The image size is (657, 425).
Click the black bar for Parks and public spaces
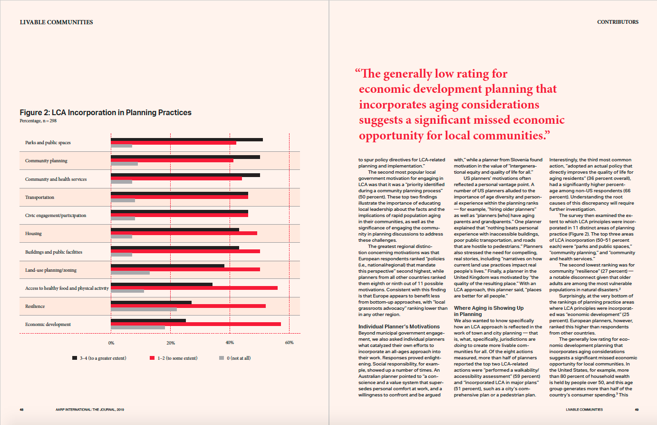pos(187,139)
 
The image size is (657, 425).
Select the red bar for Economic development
pos(196,324)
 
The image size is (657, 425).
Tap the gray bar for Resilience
pos(144,309)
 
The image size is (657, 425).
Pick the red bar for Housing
pos(184,233)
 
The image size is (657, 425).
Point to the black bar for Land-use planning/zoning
pos(167,266)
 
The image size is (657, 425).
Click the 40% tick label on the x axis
pos(230,343)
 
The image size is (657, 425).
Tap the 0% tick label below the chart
pos(111,343)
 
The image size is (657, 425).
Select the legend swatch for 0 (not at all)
pos(222,358)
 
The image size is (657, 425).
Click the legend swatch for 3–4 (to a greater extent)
pos(75,358)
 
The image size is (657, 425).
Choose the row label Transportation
pos(39,197)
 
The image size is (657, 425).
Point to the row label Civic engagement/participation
pos(56,215)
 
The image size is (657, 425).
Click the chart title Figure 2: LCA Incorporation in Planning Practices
pos(105,112)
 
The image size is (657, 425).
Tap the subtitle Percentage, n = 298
pos(38,121)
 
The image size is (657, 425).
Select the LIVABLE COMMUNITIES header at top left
pos(56,22)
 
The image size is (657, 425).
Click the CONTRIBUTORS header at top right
pos(618,22)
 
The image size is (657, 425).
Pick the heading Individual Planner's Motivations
pos(399,326)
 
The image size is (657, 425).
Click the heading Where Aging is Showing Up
pos(489,308)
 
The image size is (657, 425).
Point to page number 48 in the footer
pos(21,409)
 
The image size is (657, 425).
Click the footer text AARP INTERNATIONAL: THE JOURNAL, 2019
pos(90,409)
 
